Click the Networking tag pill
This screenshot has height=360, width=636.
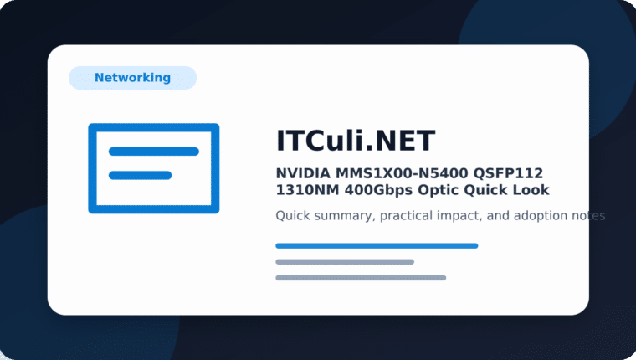pos(132,78)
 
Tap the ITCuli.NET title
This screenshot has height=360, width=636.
pos(356,141)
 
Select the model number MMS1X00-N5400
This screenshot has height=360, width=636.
pos(402,173)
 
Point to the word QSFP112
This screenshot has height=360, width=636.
pos(508,173)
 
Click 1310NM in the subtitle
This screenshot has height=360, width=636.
pos(307,190)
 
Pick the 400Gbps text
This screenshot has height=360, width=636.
pos(378,190)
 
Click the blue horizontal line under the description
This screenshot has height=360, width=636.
pos(377,245)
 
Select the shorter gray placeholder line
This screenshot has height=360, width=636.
pos(345,262)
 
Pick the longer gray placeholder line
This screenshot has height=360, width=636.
pos(361,278)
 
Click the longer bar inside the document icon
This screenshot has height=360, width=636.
pos(154,152)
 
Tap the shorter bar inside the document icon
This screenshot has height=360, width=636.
pos(141,175)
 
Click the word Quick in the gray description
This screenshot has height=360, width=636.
pos(293,215)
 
